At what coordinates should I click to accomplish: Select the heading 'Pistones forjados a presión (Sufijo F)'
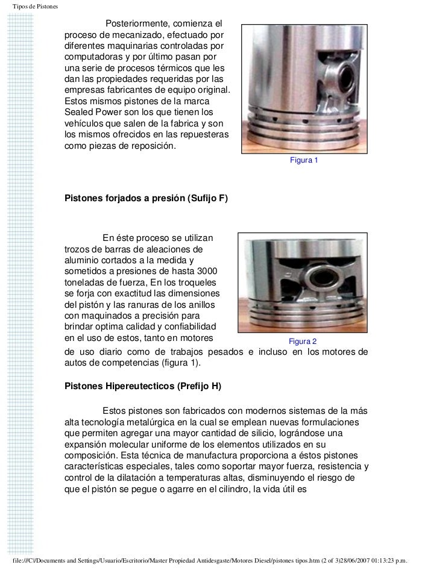(146, 198)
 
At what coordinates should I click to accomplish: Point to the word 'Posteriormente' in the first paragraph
(138, 23)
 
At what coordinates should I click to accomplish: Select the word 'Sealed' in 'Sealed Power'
(80, 113)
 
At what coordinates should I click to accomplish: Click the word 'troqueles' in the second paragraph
(198, 282)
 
